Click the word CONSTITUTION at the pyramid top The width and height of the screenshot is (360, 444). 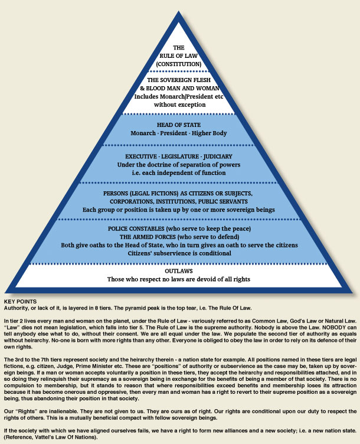coord(179,63)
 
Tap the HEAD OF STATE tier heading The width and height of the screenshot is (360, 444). coord(179,125)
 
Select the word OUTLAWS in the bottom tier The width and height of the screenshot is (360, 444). coord(179,271)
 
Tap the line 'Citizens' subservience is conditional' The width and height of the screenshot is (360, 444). coord(179,253)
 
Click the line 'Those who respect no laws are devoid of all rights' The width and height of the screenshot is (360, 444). coord(179,279)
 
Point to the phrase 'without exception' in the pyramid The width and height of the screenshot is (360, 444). coord(179,105)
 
